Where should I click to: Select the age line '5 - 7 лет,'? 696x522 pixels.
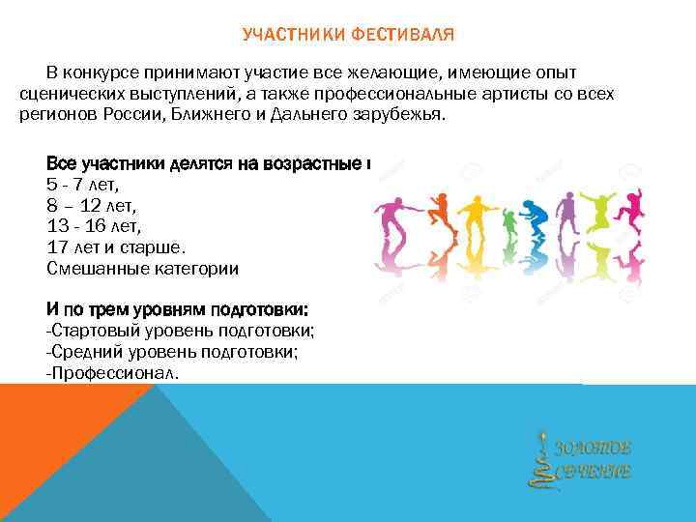(x=88, y=183)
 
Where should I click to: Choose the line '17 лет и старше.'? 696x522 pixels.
(x=117, y=247)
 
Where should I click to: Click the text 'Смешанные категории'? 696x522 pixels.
(x=142, y=269)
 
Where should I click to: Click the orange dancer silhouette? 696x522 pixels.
(x=440, y=217)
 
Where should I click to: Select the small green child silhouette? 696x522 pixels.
(x=509, y=224)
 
